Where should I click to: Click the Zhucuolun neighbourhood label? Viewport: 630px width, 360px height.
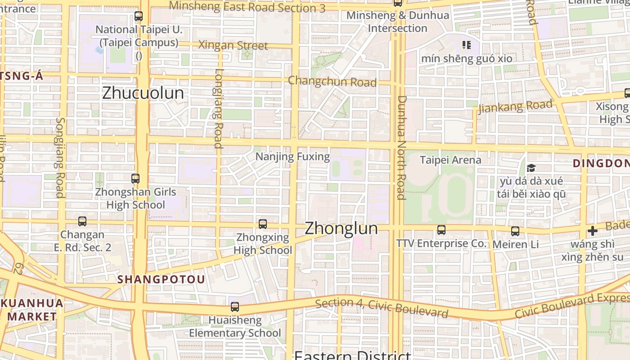[x=143, y=93]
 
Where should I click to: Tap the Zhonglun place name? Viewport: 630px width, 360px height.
[x=341, y=228]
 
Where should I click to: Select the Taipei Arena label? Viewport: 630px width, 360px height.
[x=450, y=160]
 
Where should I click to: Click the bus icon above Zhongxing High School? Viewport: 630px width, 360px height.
[x=263, y=224]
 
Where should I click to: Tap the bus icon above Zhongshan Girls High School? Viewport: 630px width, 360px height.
[x=135, y=178]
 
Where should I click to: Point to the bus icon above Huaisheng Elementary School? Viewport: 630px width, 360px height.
[x=235, y=307]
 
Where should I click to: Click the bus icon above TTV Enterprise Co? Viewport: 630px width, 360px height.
[x=441, y=230]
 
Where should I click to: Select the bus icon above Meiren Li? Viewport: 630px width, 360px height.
[x=515, y=231]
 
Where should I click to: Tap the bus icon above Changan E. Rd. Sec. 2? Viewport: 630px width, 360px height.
[x=82, y=221]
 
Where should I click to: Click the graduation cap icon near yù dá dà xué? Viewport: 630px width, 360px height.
[x=531, y=168]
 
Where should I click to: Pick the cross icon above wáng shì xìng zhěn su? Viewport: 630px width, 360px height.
[x=593, y=231]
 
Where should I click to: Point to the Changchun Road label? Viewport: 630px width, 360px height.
[x=332, y=81]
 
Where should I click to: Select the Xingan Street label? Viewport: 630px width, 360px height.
[x=233, y=45]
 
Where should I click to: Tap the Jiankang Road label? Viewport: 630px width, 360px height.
[x=515, y=107]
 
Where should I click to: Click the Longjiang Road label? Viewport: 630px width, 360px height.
[x=218, y=108]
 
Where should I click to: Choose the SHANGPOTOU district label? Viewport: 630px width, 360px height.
[x=161, y=279]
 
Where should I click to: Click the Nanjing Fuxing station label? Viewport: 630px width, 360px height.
[x=292, y=157]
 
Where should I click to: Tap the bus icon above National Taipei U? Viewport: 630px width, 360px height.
[x=139, y=17]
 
